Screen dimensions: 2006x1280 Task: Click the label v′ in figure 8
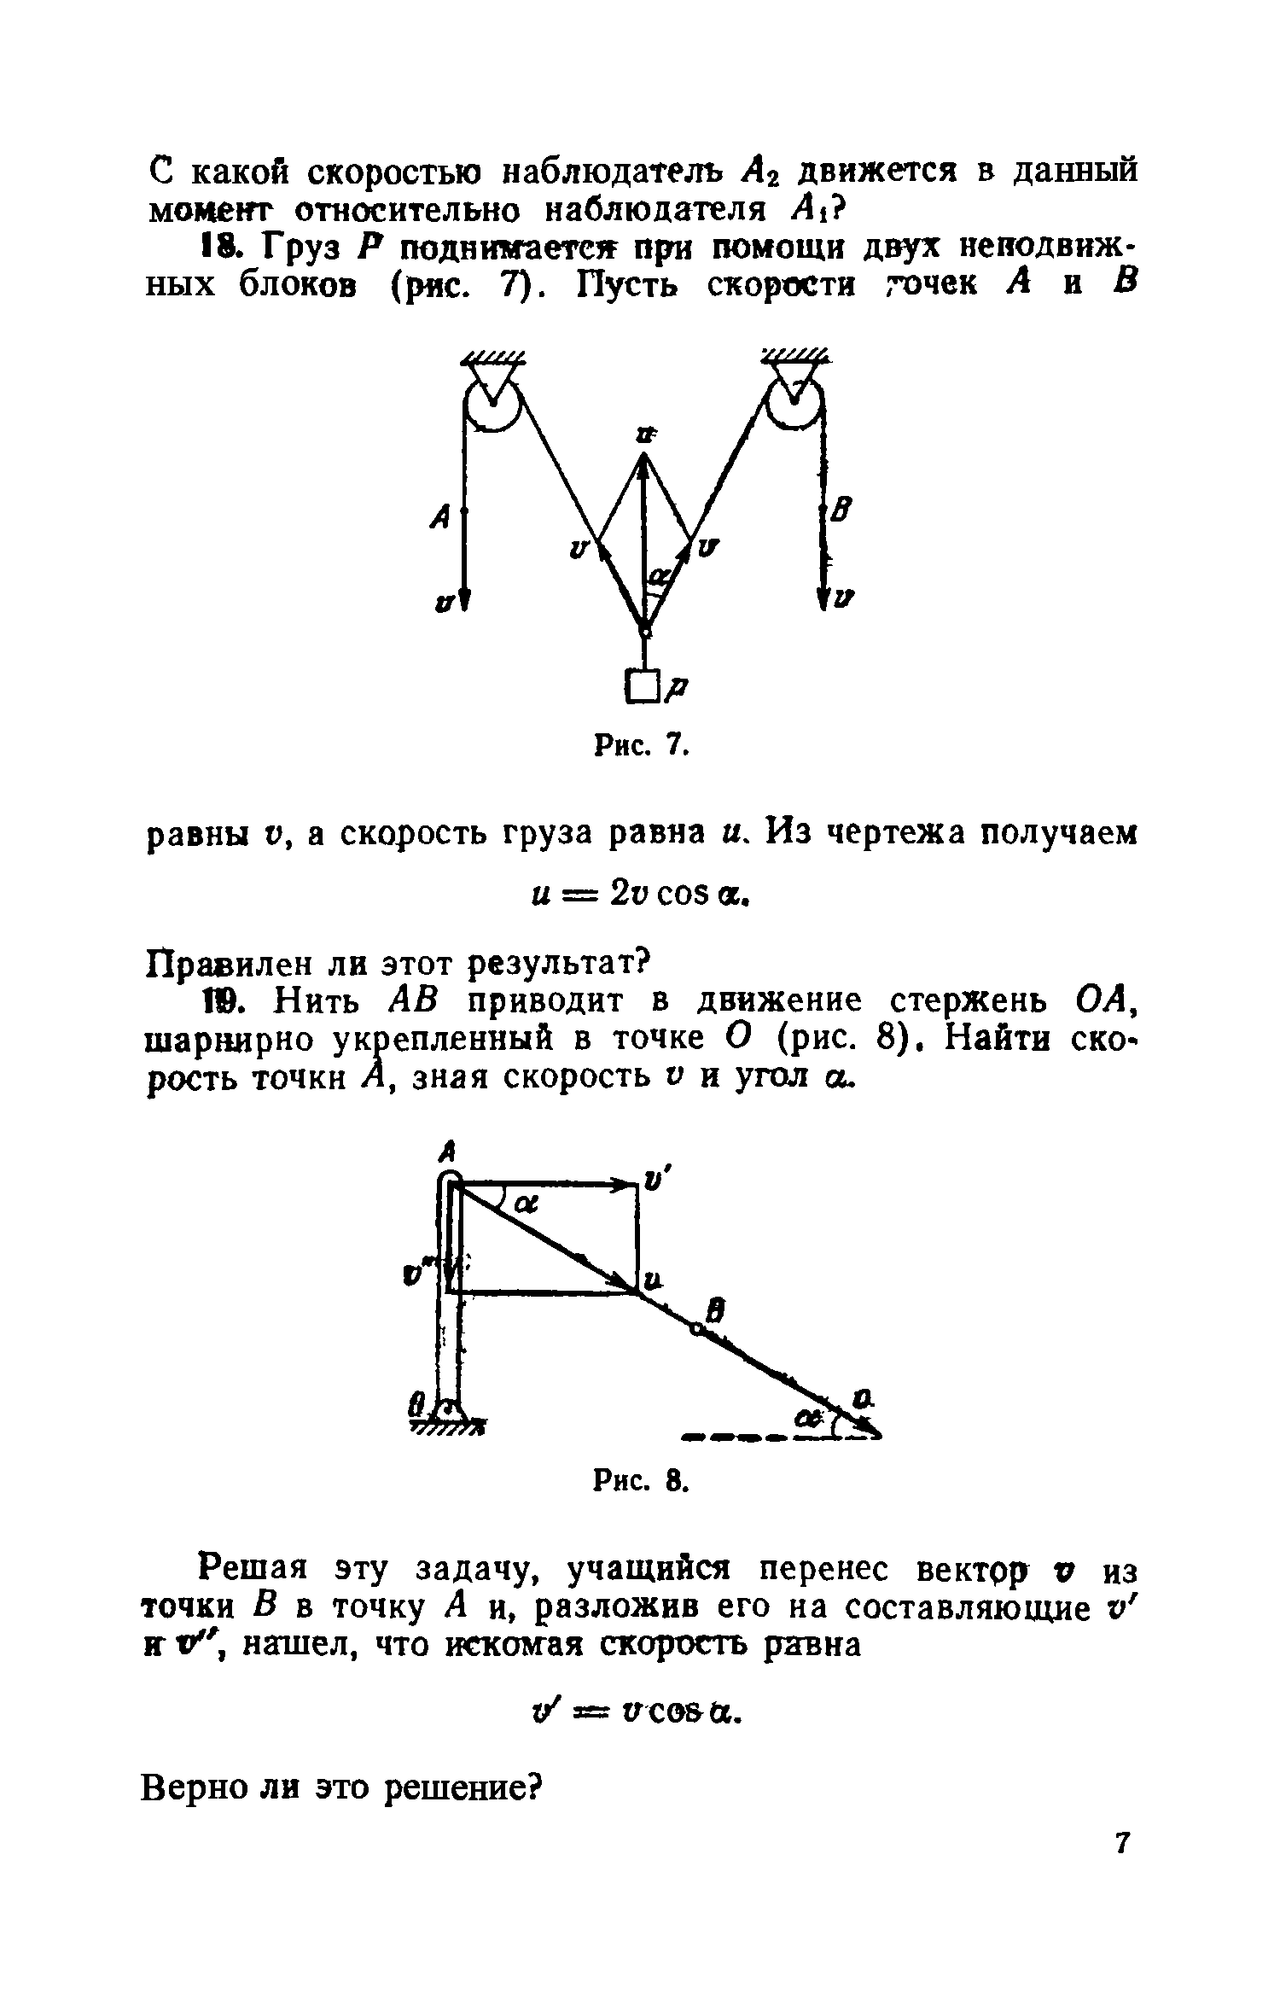[655, 1181]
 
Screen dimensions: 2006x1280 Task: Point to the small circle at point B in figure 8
[699, 1330]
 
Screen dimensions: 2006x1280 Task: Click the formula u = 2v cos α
[640, 895]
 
